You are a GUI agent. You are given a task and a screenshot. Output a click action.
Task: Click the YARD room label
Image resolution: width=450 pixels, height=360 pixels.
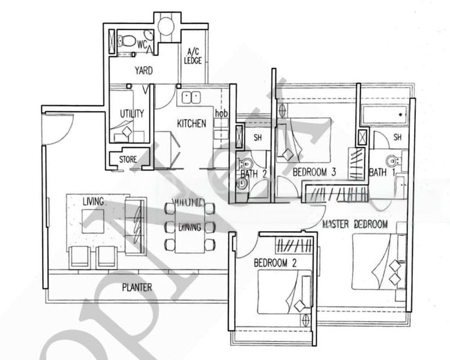143,71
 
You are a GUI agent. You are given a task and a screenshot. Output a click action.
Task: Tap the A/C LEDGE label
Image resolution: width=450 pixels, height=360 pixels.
194,56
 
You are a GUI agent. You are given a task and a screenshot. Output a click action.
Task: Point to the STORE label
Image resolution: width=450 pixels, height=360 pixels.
127,160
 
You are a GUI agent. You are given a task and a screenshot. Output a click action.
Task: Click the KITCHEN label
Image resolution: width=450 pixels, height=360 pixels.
191,124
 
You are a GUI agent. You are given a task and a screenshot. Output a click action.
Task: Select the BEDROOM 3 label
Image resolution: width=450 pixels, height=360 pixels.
314,173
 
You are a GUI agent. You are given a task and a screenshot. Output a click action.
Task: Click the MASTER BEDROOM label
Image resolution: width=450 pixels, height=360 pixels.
355,224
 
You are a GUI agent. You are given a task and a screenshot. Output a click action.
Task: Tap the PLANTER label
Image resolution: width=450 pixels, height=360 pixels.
137,287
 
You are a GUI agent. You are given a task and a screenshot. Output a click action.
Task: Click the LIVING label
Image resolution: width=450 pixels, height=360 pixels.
94,201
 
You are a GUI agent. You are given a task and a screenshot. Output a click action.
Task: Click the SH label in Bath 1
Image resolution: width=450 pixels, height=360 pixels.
397,137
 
